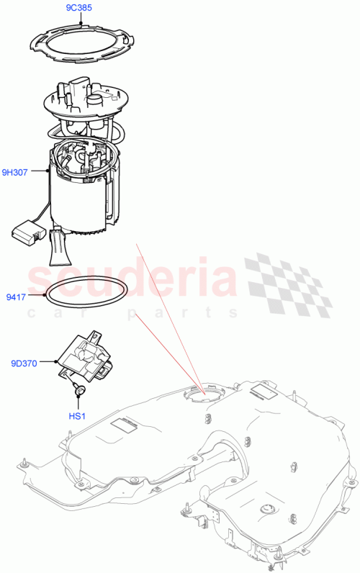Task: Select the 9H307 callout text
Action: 15,172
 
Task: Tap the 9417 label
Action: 16,295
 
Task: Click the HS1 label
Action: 78,415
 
